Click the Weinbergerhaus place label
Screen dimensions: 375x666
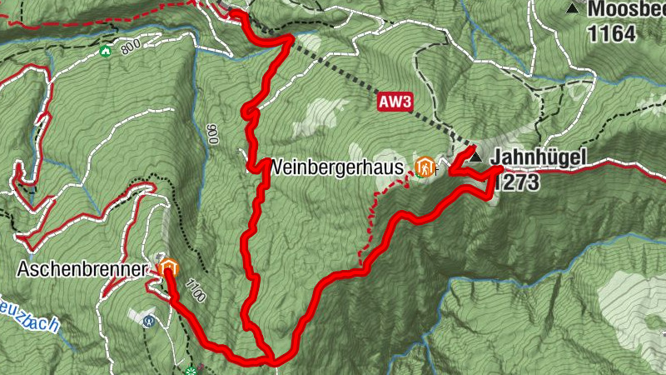(337, 167)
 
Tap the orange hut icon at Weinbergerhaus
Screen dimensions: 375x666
(425, 167)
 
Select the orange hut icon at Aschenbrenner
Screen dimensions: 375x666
(169, 268)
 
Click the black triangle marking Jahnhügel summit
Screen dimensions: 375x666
(475, 157)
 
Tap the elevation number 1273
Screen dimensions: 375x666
(516, 182)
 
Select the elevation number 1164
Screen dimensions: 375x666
(612, 34)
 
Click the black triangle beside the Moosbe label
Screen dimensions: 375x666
(572, 8)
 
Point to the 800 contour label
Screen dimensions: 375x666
(130, 49)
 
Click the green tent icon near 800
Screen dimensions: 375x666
(105, 52)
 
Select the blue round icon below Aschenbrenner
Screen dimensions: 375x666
(149, 320)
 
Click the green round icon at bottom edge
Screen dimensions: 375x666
(192, 370)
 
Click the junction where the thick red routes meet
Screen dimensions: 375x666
(271, 360)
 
